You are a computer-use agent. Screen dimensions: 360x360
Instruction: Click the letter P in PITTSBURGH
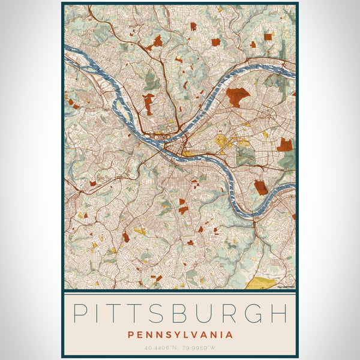[x=80, y=314]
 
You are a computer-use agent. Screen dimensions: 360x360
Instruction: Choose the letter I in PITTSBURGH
[x=98, y=314]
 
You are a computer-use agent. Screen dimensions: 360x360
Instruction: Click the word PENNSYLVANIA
[x=180, y=334]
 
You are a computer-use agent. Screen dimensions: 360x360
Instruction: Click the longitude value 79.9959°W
[x=200, y=347]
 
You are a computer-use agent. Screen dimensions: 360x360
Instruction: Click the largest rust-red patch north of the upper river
[x=237, y=96]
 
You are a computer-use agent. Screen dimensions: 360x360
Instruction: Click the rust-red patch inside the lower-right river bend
[x=260, y=188]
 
